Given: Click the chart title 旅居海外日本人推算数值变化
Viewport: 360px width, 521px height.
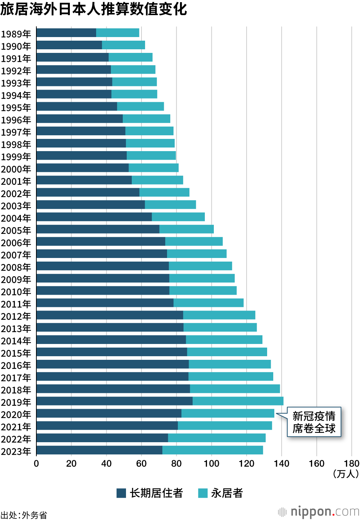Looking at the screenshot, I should (x=94, y=9).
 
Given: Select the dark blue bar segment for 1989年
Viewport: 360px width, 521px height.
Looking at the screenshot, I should (x=66, y=33).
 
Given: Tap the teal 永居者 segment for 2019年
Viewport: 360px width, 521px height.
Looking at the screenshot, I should (x=238, y=401).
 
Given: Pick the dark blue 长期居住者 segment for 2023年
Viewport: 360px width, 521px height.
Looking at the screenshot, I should (x=99, y=450).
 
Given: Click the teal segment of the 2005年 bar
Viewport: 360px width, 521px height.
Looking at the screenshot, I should (x=186, y=229).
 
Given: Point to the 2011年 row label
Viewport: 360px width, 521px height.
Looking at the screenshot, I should (x=16, y=304).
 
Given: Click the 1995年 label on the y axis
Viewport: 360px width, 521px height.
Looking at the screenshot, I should (x=16, y=108).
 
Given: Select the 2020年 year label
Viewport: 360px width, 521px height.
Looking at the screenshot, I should (x=16, y=414).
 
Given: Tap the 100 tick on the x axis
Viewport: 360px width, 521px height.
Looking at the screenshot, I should (x=211, y=463).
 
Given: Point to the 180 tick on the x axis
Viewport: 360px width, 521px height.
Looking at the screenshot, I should (x=351, y=463).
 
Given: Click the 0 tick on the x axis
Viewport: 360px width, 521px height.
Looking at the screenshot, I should (x=36, y=463).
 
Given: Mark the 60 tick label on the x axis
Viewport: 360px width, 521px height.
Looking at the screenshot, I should (x=141, y=463).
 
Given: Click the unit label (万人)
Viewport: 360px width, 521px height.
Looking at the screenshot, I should (x=346, y=474).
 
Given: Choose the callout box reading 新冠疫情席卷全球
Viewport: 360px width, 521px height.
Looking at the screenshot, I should (x=314, y=422).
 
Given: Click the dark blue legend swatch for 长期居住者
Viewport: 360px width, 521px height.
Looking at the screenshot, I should (x=121, y=493).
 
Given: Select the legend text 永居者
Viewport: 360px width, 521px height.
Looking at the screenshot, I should (x=227, y=493).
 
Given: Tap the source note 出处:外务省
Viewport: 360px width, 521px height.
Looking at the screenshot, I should (x=24, y=515).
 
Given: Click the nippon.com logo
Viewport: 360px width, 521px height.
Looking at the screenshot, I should (x=319, y=511).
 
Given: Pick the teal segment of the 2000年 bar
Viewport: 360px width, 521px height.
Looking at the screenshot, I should (x=153, y=168).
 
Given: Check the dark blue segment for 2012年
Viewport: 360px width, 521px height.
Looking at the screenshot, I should (x=110, y=315).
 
